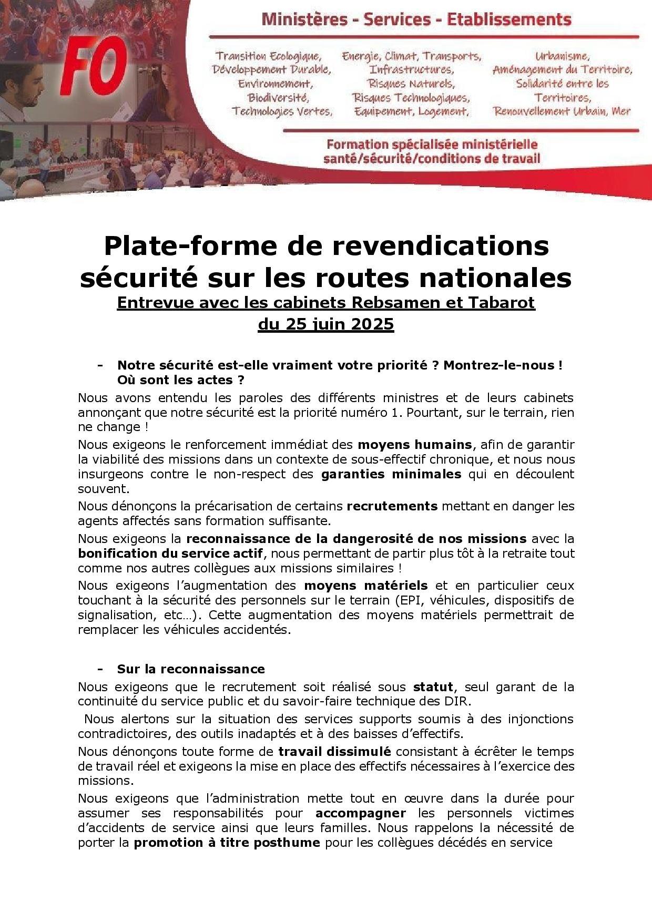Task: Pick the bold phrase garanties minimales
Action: pos(391,474)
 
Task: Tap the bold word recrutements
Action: pos(392,506)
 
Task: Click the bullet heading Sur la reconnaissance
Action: pos(191,669)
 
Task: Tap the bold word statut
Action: pos(433,687)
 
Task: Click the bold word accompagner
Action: pos(361,813)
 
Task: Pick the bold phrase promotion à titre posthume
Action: pos(227,843)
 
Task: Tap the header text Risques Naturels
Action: pos(411,84)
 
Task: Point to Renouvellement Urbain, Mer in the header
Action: pos(562,111)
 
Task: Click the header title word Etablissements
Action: pos(508,21)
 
